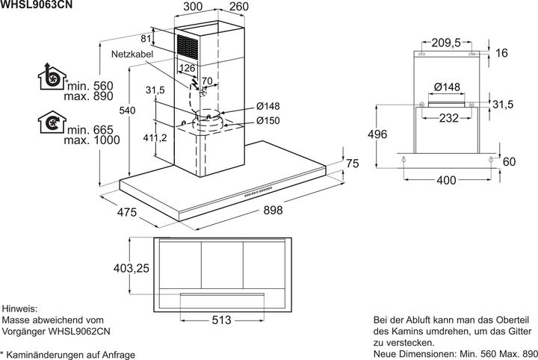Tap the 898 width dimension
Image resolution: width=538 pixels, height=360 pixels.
(x=273, y=212)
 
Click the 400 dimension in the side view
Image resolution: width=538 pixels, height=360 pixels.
(x=447, y=181)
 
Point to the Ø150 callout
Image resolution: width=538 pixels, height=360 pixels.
(x=268, y=121)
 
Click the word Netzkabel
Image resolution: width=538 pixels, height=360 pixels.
(x=133, y=55)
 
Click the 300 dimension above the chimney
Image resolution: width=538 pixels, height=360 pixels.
(x=193, y=7)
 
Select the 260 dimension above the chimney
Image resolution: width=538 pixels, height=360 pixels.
(x=239, y=7)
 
